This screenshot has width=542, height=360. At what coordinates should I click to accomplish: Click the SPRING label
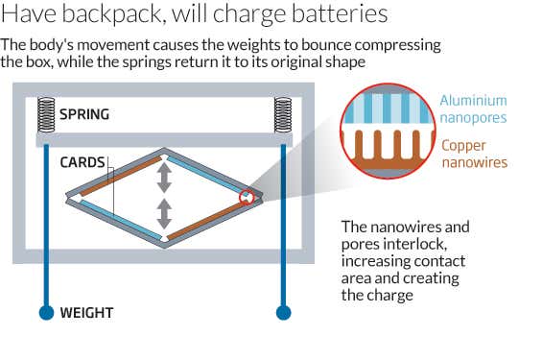[84, 114]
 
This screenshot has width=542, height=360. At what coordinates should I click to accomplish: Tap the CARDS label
[82, 162]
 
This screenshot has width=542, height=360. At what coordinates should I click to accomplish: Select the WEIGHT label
[87, 313]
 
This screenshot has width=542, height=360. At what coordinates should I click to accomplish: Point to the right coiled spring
[283, 115]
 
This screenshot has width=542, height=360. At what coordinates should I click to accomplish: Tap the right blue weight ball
[283, 312]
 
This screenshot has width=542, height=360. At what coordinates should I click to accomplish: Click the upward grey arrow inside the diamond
[165, 177]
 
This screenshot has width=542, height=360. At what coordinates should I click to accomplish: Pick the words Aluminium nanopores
[473, 109]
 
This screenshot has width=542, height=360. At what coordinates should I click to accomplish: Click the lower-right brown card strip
[206, 218]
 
